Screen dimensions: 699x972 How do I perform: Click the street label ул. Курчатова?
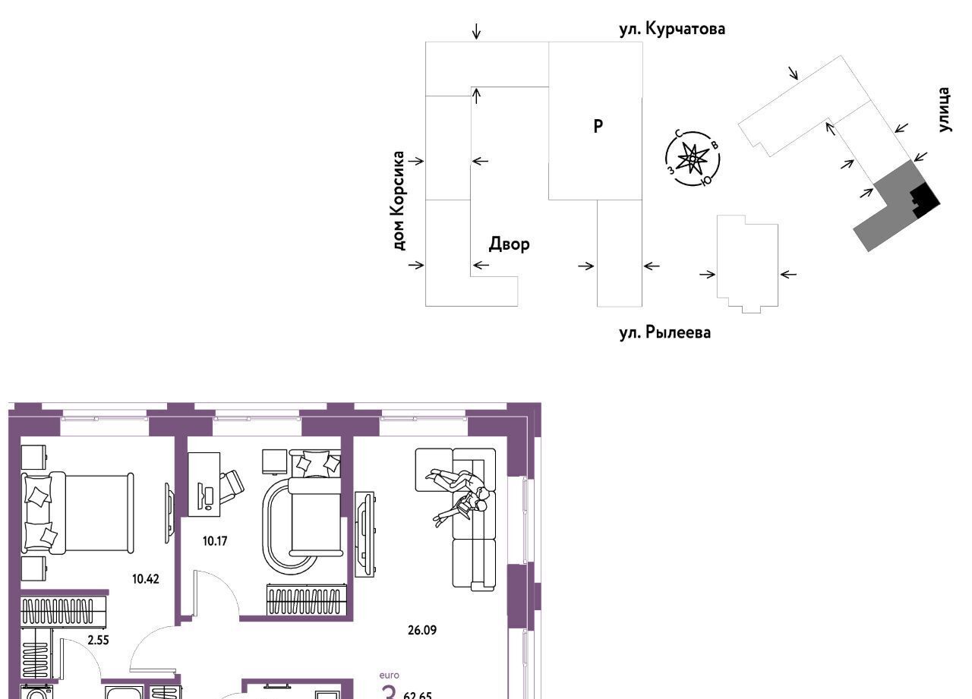672,30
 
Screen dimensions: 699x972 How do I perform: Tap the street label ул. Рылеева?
665,332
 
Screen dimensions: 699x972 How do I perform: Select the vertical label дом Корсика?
399,200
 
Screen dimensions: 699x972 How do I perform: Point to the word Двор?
509,244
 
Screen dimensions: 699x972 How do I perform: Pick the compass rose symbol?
692,158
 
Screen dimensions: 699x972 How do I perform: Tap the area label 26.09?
421,629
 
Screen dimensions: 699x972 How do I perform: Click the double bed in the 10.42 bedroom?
76,512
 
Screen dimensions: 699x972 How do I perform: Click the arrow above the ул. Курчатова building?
476,31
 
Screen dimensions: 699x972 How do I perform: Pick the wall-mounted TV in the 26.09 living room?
365,534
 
